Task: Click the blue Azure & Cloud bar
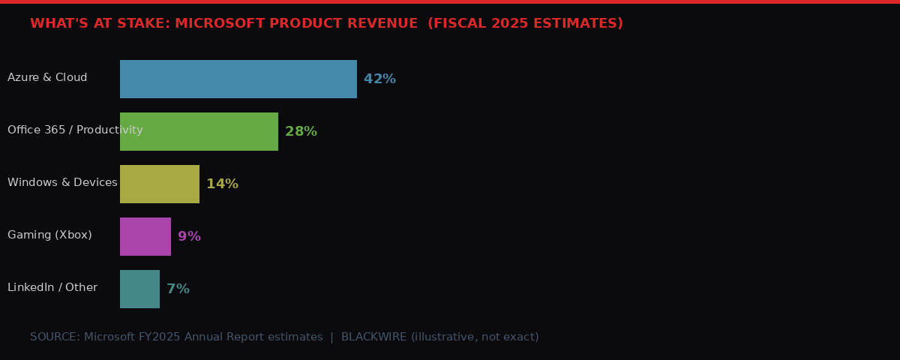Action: point(238,79)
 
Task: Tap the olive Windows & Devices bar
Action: point(160,184)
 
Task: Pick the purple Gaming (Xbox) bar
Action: point(145,236)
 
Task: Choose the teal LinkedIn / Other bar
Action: point(139,289)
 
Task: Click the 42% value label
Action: point(379,79)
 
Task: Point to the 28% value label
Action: point(301,131)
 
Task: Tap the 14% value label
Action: point(222,184)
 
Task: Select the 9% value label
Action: point(189,236)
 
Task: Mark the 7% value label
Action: point(178,289)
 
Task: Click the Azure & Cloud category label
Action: point(47,78)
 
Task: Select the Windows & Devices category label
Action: point(62,183)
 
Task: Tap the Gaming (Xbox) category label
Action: point(49,235)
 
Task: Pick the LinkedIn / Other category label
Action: point(52,288)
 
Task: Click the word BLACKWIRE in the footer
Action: point(373,337)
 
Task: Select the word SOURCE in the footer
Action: point(54,337)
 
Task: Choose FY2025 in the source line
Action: point(159,337)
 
